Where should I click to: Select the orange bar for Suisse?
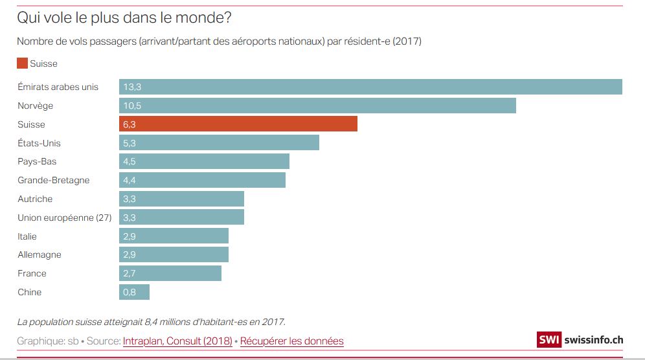point(238,124)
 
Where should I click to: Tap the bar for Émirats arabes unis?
point(370,87)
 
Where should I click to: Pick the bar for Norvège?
point(317,106)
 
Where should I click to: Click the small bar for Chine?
point(134,292)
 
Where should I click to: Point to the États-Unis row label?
point(39,143)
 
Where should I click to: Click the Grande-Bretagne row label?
point(54,180)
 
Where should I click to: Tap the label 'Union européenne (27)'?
point(65,218)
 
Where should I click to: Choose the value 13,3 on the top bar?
point(132,87)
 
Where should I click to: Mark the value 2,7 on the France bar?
point(129,273)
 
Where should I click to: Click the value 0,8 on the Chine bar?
point(129,292)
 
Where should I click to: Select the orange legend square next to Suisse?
point(22,63)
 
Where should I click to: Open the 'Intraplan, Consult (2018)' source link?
point(177,341)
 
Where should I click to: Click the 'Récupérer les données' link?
point(291,341)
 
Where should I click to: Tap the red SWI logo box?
point(549,340)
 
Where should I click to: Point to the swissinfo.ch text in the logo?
point(593,340)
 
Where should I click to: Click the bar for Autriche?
point(181,199)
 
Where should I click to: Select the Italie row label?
point(27,236)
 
